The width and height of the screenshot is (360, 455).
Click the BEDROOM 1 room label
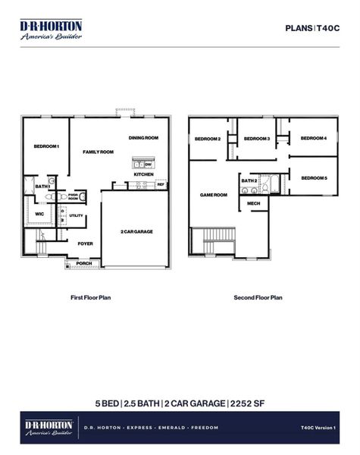(46, 146)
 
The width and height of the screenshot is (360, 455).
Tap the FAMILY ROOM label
(98, 152)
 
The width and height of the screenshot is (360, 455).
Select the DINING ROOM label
(143, 138)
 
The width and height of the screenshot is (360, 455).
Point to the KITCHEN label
(144, 174)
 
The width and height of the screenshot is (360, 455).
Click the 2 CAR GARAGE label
(136, 231)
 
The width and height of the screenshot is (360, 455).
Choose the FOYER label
(85, 243)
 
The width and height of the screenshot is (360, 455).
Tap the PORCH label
(83, 263)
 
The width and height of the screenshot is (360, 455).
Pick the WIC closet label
(39, 214)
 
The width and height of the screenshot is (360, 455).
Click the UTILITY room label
(77, 216)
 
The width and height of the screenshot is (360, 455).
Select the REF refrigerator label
(161, 184)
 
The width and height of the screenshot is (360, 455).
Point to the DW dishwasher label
(149, 165)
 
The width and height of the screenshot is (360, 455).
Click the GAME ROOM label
(213, 195)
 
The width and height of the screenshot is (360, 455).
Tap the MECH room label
(253, 203)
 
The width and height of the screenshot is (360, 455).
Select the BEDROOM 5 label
(314, 177)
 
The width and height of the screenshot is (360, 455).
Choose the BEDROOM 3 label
(257, 139)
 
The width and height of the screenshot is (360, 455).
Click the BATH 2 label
(249, 181)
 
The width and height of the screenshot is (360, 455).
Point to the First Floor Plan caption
(91, 298)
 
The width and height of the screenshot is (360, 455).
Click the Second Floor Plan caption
(258, 298)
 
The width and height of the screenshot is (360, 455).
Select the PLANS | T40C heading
(311, 27)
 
